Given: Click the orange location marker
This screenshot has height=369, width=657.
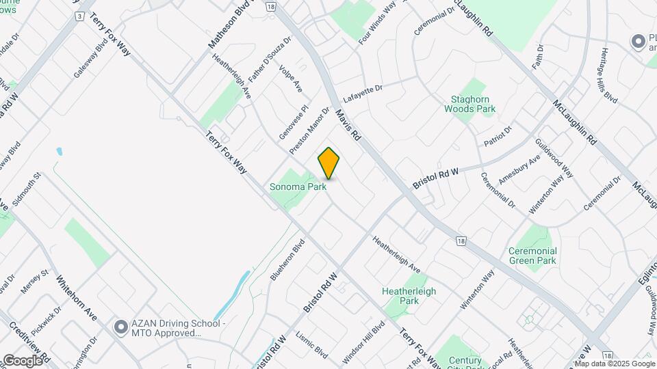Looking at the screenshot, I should pos(329,163).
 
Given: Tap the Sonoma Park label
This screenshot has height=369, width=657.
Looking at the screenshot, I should pos(297,186).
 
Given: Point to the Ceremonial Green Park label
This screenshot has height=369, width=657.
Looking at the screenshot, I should pos(532,256).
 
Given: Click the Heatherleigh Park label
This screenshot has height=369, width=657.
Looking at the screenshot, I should pos(409,296).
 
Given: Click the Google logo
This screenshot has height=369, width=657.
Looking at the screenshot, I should pos(22,361).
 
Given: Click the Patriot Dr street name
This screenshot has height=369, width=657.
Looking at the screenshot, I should pos(498,137).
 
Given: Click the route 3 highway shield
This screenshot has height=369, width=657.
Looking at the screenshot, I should pos(81,16).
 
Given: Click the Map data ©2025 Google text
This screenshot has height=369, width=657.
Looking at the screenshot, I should pos(614,362).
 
